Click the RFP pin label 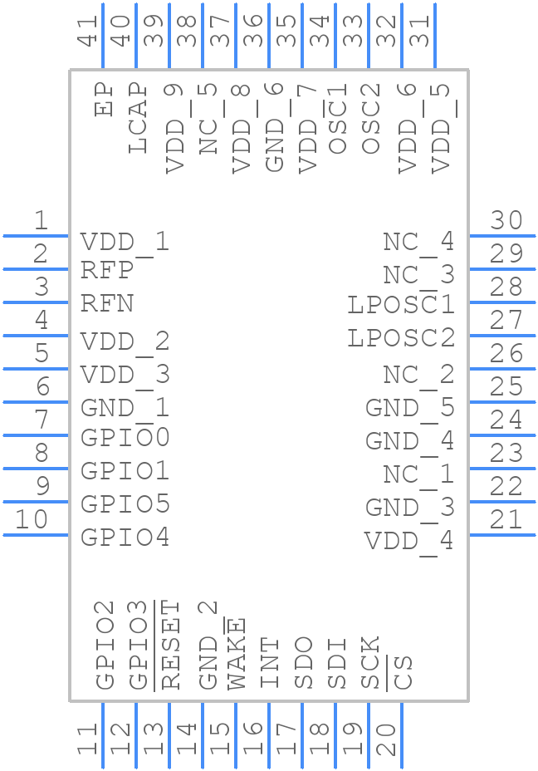pos(107,271)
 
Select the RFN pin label pos(107,304)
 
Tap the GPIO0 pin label pos(125,437)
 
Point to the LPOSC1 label pos(401,305)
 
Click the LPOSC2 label pos(401,338)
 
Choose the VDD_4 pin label pos(409,541)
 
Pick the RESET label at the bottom pos(169,646)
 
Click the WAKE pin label pos(237,655)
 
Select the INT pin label pos(270,663)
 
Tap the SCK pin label pos(370,663)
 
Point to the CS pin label pos(403,672)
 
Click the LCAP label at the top pos(138,117)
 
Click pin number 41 pos(87,31)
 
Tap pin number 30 pos(506,221)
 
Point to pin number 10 pos(32,520)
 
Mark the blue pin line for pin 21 pos(502,535)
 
